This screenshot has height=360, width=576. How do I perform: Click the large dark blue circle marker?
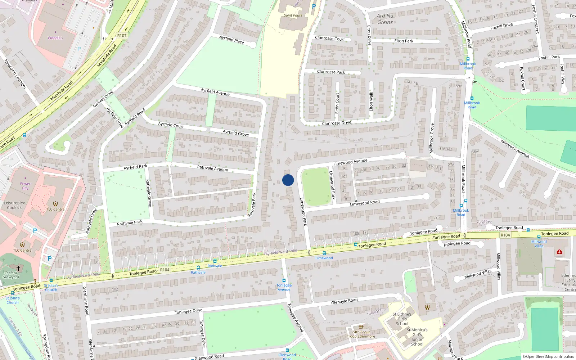(288, 180)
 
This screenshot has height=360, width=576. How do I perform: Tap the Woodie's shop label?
(55, 38)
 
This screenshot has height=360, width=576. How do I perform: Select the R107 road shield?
(122, 36)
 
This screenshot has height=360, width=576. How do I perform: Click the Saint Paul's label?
(293, 15)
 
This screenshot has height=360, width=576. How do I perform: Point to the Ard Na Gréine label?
(385, 19)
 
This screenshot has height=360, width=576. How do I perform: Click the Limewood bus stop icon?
(324, 253)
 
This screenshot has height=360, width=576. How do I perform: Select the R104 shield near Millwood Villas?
(505, 235)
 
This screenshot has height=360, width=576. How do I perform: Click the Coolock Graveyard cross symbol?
(18, 268)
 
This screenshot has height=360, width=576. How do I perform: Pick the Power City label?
(25, 186)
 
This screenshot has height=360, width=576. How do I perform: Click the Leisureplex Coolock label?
(14, 205)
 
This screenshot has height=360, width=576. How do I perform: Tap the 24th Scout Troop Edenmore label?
(361, 334)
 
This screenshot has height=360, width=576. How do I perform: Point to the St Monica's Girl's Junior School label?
(417, 337)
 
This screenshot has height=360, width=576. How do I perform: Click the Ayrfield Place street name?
(232, 40)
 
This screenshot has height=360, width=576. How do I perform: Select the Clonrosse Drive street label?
(337, 123)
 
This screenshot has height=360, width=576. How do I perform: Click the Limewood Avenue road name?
(350, 162)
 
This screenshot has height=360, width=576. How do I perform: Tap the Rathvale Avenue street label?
(212, 168)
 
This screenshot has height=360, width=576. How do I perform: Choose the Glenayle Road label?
(345, 301)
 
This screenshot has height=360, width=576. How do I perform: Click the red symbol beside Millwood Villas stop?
(559, 252)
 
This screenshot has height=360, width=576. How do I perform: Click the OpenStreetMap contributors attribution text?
(548, 357)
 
